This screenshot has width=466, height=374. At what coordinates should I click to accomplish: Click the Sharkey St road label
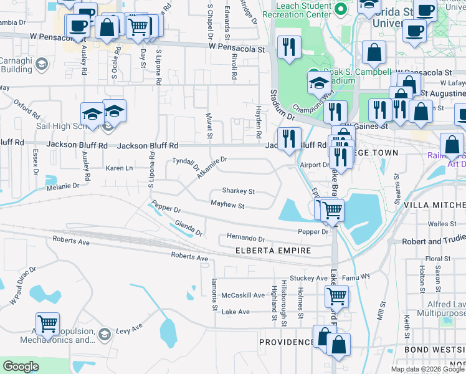(239, 191)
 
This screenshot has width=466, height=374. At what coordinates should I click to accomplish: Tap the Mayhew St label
(227, 204)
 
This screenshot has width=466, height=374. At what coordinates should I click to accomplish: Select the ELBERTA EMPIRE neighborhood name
(273, 251)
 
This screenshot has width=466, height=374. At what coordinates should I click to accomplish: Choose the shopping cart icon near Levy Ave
(47, 324)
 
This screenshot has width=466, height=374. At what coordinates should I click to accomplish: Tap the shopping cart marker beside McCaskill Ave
(336, 295)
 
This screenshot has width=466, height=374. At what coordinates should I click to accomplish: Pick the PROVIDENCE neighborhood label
(287, 342)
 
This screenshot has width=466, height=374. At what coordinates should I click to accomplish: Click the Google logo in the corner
(21, 367)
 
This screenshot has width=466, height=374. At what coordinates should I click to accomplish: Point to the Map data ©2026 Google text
(427, 369)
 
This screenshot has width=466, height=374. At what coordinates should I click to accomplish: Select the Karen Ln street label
(119, 168)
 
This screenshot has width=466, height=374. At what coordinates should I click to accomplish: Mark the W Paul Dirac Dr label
(23, 286)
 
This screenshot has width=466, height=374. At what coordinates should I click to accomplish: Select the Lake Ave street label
(235, 312)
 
